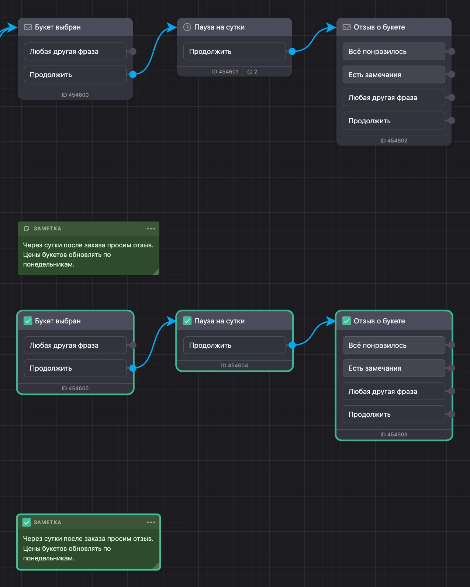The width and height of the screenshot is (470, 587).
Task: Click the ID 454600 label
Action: (75, 95)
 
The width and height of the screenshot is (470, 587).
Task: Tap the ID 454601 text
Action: (225, 72)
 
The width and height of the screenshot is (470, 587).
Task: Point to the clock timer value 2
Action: (255, 72)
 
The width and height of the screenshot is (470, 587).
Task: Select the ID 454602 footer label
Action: (394, 141)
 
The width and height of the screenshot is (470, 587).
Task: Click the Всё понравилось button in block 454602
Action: (394, 51)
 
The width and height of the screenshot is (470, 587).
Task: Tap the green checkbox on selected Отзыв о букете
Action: (346, 321)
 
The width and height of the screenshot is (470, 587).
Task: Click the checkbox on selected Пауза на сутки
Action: (187, 321)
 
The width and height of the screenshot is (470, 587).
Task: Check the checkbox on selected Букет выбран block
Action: (28, 321)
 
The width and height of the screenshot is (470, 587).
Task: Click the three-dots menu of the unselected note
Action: (151, 229)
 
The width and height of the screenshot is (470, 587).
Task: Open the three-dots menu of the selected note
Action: (151, 522)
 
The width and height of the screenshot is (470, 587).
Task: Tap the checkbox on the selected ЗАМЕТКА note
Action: (27, 522)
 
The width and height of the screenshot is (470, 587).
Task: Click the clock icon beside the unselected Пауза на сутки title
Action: (187, 27)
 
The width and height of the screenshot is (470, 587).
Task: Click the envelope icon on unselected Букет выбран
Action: (28, 27)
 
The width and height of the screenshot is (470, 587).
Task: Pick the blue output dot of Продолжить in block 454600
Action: (133, 75)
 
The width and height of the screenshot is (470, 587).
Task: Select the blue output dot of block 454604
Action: (292, 345)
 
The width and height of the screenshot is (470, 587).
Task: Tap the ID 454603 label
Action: (394, 435)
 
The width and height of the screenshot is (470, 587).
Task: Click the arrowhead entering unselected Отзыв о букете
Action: (331, 27)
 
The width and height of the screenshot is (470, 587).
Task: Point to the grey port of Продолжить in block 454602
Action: (452, 121)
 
